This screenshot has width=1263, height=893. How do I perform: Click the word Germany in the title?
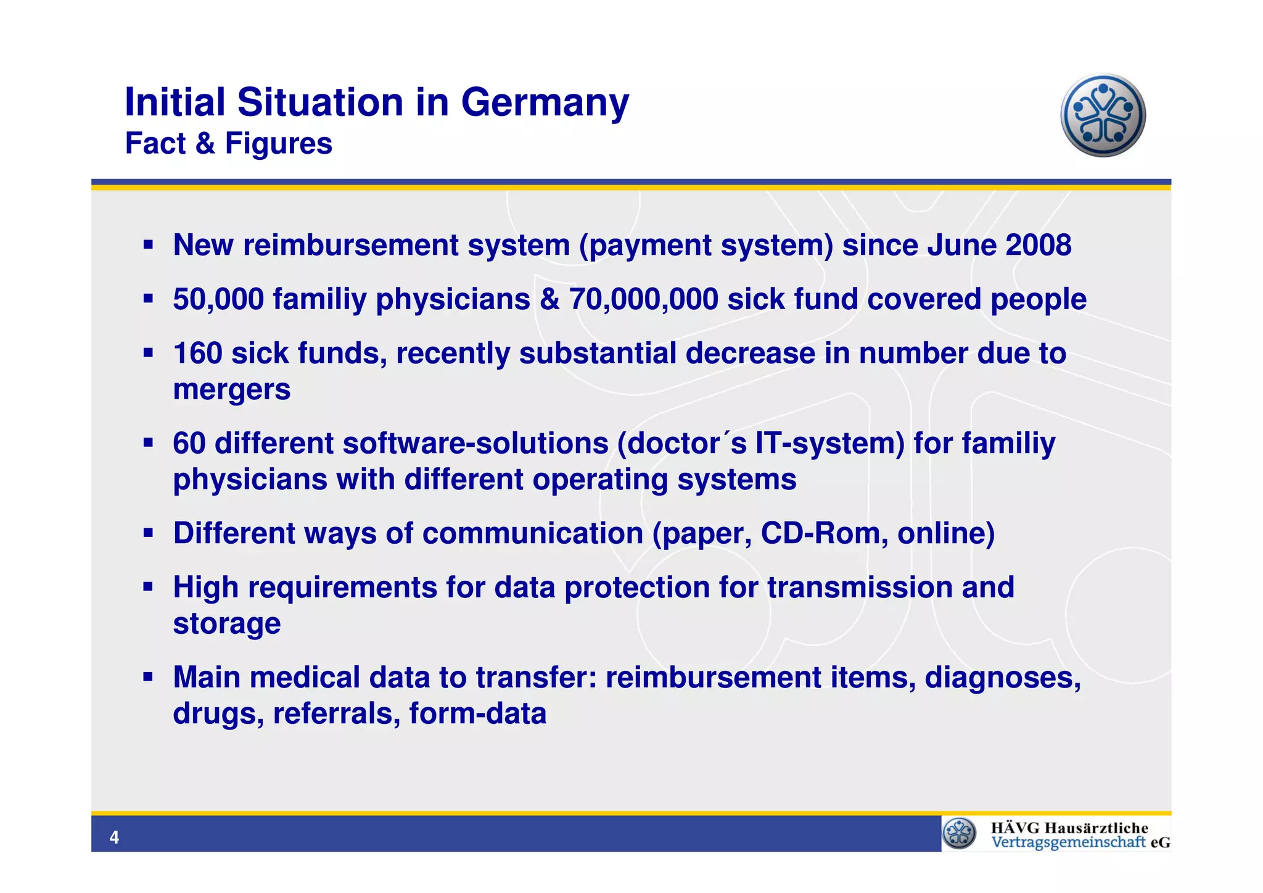pyautogui.click(x=545, y=102)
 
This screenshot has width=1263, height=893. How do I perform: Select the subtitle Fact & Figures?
pyautogui.click(x=228, y=144)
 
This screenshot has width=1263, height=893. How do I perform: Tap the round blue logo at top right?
pyautogui.click(x=1103, y=115)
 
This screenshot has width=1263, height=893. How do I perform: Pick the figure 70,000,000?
pyautogui.click(x=643, y=300)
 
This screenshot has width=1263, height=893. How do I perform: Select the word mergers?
pyautogui.click(x=231, y=390)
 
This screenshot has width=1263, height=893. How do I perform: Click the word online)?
pyautogui.click(x=946, y=534)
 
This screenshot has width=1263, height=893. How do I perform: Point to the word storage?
pyautogui.click(x=226, y=624)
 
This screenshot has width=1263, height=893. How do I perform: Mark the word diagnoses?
pyautogui.click(x=1003, y=678)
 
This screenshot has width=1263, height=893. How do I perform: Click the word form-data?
pyautogui.click(x=477, y=714)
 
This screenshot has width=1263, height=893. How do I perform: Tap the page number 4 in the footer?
pyautogui.click(x=113, y=837)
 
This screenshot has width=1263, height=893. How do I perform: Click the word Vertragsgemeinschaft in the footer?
pyautogui.click(x=1068, y=843)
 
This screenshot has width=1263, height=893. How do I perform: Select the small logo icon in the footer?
pyautogui.click(x=960, y=834)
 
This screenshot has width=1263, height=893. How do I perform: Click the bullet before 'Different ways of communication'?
pyautogui.click(x=148, y=533)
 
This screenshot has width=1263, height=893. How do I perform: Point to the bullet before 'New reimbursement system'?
pyautogui.click(x=148, y=245)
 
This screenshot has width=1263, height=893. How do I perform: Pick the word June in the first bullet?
pyautogui.click(x=962, y=246)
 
